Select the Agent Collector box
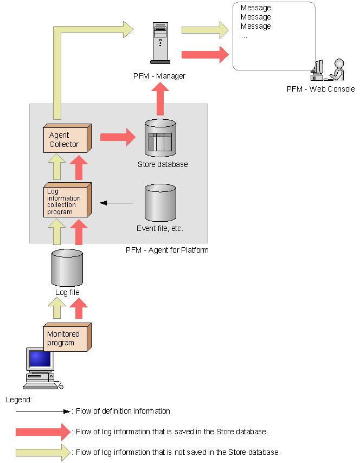click(66, 139)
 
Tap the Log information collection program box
click(66, 201)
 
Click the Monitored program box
click(66, 338)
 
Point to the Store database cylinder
click(160, 138)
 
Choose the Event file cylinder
click(160, 203)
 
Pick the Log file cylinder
click(67, 268)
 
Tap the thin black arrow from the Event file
click(117, 203)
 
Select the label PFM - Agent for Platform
click(167, 250)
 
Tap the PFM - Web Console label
click(320, 89)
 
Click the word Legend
click(18, 400)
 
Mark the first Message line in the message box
click(255, 8)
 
